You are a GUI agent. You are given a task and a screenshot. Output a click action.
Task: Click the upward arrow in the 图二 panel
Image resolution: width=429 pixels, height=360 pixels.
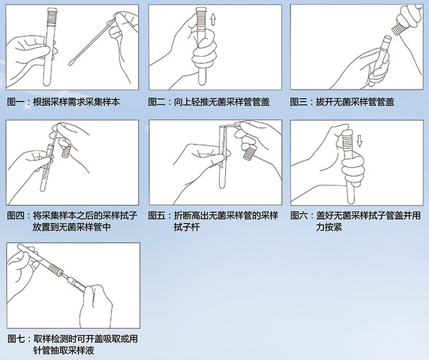tap(213, 19)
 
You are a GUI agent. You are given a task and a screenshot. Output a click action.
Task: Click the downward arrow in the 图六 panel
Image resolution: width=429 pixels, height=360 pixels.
tap(360, 141)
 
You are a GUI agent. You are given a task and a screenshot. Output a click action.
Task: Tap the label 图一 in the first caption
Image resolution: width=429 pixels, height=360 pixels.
tap(16, 102)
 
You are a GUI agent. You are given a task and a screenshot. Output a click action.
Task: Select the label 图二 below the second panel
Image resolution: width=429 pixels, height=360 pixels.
tap(157, 102)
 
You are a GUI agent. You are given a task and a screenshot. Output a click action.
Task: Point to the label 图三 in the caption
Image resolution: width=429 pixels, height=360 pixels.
tap(299, 102)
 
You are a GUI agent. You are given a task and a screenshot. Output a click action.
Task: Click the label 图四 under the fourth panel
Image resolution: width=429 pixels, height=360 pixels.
tap(16, 216)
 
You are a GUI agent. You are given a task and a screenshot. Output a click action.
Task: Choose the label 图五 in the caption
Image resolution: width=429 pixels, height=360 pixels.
tap(157, 216)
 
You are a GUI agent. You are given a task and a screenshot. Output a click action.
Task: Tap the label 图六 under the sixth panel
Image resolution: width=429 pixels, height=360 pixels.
tap(299, 216)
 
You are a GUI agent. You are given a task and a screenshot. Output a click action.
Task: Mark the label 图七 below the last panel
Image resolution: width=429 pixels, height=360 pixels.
tap(16, 339)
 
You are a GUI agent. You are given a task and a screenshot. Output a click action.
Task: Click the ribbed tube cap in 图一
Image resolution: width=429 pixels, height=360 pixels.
tap(52, 16)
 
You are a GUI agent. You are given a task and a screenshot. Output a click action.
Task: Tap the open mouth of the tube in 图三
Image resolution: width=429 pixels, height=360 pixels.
tap(387, 38)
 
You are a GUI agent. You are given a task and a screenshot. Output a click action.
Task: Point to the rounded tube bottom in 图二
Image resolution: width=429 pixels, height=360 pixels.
tap(203, 82)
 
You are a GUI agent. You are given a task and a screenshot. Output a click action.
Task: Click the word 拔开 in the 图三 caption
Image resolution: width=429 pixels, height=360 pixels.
tap(325, 102)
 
